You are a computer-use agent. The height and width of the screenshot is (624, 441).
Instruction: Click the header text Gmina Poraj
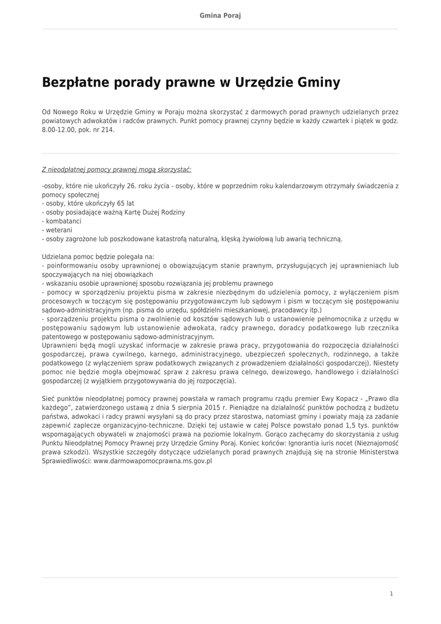pos(220,15)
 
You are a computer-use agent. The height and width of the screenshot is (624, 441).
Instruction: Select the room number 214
pos(106,130)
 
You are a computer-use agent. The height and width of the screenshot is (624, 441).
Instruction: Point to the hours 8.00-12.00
pos(60,130)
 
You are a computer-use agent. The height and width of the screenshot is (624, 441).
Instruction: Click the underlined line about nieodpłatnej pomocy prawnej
pos(117,169)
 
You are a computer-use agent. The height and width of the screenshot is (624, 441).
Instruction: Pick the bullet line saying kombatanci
pos(61,221)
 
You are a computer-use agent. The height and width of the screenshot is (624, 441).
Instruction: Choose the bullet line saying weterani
pos(58,230)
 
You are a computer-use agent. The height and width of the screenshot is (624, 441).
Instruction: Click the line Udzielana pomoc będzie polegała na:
pos(98,257)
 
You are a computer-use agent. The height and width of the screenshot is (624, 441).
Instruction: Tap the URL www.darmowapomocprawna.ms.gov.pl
pos(152,462)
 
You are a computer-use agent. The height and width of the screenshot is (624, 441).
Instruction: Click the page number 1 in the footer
pos(392,594)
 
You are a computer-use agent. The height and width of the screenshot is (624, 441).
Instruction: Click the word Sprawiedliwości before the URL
pos(66,462)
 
